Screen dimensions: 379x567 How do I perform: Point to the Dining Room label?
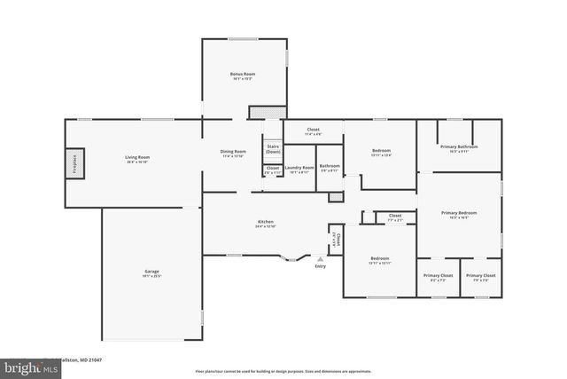233,152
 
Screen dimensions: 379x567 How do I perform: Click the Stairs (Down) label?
273,149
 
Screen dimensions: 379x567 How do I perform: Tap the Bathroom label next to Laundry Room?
330,166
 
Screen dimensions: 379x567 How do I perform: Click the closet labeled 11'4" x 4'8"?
313,130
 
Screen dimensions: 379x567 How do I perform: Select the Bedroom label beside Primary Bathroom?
382,152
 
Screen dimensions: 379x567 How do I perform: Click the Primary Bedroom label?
460,213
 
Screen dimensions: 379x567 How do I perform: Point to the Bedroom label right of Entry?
379,258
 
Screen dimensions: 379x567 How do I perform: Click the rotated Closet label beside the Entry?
336,239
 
